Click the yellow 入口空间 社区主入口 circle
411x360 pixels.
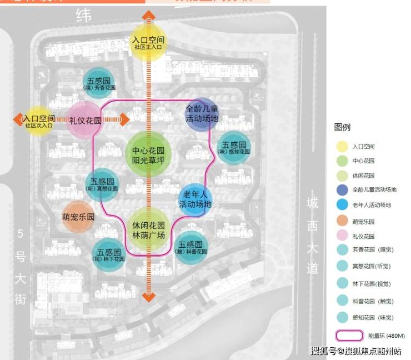tap(148, 42)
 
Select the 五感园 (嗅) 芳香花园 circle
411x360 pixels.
tap(99, 83)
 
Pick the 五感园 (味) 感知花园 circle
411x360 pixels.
tap(234, 148)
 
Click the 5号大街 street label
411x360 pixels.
tap(21, 266)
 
